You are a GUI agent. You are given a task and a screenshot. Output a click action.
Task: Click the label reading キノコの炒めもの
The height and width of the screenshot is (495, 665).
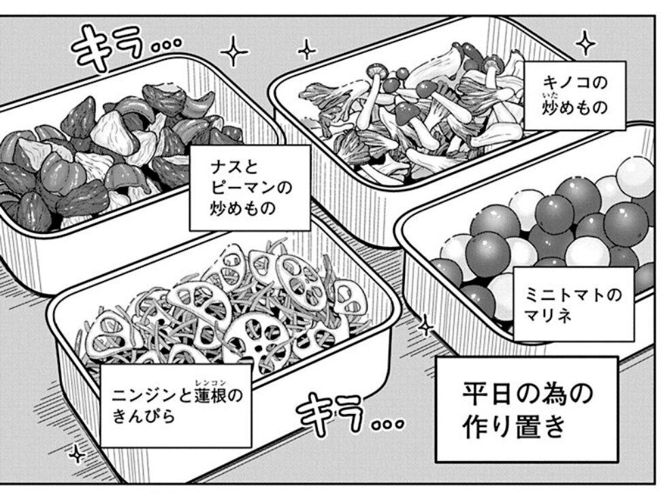click(x=574, y=95)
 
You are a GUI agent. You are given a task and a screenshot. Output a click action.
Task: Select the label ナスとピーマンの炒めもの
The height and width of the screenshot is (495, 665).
click(x=250, y=188)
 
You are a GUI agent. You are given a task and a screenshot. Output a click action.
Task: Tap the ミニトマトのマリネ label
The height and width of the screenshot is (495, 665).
click(x=574, y=304)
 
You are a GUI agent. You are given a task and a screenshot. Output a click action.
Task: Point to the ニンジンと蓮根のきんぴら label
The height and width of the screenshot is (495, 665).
click(x=176, y=405)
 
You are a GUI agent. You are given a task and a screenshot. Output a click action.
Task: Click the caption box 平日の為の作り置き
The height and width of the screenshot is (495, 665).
click(x=526, y=409)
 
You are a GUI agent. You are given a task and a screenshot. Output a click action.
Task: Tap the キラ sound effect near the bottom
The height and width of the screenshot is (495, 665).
click(x=349, y=414)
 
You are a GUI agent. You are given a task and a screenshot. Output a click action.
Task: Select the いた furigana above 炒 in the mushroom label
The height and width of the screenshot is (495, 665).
click(x=550, y=96)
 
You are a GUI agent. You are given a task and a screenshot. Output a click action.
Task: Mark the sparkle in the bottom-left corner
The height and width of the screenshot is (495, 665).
click(x=77, y=454)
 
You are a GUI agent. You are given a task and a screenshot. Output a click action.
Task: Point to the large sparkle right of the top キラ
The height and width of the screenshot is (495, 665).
click(x=233, y=51)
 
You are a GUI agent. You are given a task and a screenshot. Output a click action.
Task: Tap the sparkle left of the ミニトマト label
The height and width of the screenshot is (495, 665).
click(x=426, y=326)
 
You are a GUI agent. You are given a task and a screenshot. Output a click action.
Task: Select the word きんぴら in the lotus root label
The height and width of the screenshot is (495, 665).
click(x=144, y=416)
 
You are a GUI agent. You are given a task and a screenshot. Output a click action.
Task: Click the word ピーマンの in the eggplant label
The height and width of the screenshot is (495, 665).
click(x=251, y=187)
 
